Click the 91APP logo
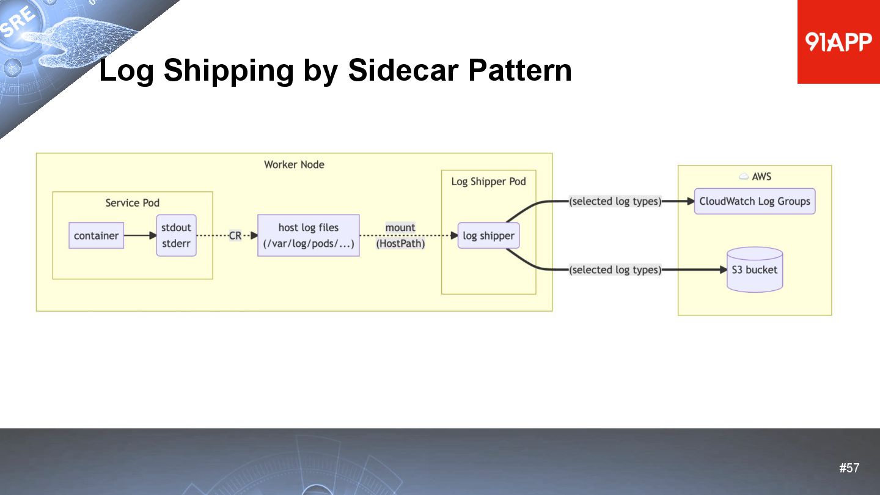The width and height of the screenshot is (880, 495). coord(838,42)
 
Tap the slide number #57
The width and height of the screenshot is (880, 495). coord(849,468)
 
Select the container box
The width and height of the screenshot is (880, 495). coord(96,235)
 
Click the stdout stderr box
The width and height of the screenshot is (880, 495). coord(176,235)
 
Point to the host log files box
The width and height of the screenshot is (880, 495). coord(308,235)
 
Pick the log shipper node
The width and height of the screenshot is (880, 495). coord(488,235)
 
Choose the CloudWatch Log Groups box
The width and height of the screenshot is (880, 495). coord(754,201)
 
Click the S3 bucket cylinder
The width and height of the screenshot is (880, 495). coord(755,269)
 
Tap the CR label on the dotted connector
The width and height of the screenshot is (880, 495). coord(235,235)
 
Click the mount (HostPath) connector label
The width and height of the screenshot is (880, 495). coord(400,235)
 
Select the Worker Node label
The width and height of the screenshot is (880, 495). coord(294,164)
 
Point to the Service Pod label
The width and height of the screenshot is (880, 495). coord(132,203)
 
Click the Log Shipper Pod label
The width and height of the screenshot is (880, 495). coord(488,182)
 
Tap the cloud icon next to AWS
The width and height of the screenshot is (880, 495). coord(744,177)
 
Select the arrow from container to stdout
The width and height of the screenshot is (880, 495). coord(140,235)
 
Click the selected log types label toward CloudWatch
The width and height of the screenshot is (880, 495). coord(615,201)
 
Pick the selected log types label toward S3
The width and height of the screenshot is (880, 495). coord(615,269)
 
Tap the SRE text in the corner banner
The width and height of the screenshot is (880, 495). coord(18,23)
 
